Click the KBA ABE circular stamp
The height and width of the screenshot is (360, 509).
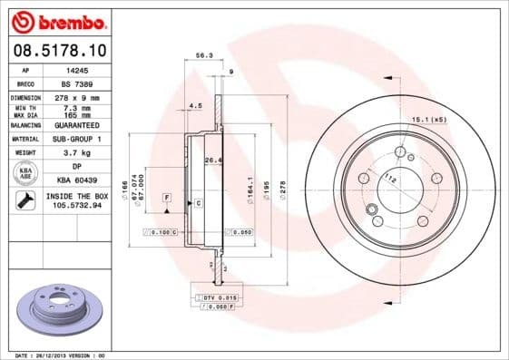click(x=25, y=173)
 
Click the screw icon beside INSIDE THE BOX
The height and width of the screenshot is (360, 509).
click(x=25, y=200)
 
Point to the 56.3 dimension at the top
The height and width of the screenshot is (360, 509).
click(x=204, y=55)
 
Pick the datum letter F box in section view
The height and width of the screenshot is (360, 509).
click(x=167, y=197)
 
